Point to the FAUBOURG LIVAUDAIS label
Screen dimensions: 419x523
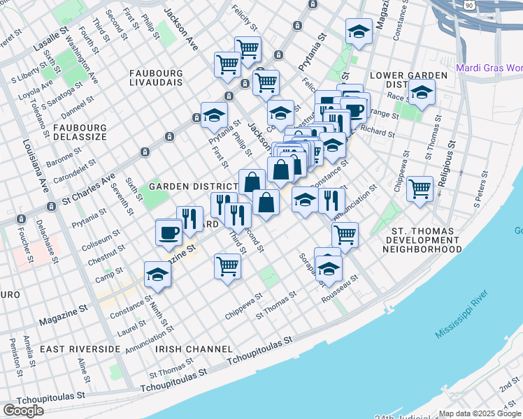click(x=155, y=78)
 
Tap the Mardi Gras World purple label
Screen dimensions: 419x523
click(x=489, y=68)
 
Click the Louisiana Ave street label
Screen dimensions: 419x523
click(x=29, y=174)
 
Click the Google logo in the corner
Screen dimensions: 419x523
click(x=23, y=410)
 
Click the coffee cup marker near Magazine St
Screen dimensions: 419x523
click(x=169, y=232)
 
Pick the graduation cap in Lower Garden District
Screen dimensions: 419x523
click(x=422, y=93)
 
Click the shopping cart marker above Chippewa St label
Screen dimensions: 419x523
click(x=227, y=266)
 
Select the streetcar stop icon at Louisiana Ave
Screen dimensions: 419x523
click(x=51, y=207)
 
